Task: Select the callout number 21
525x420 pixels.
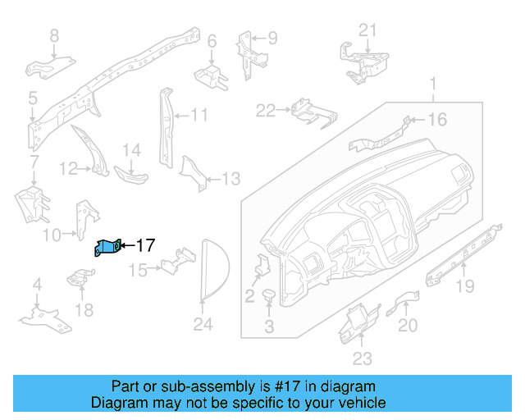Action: [367, 30]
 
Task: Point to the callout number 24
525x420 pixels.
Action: [203, 325]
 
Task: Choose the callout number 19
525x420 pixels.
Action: [465, 285]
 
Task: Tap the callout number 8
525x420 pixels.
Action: [55, 35]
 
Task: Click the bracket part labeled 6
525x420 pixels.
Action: [210, 75]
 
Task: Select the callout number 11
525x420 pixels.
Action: [200, 115]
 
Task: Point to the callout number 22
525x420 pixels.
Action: [266, 110]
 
